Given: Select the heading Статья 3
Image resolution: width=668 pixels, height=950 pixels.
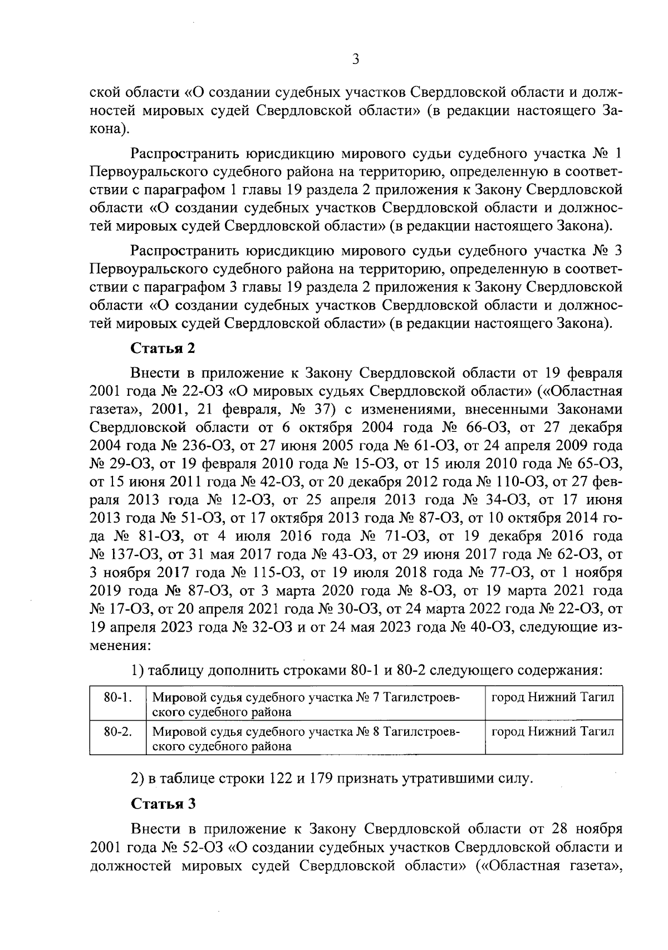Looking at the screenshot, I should [x=163, y=804].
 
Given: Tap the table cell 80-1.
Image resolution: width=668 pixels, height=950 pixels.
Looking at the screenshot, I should [x=117, y=697].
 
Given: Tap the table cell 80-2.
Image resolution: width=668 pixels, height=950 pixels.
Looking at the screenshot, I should [x=117, y=731].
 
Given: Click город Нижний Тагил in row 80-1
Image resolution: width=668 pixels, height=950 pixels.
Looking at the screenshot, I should [x=552, y=697].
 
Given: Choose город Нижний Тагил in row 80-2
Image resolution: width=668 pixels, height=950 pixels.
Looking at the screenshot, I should [x=552, y=731].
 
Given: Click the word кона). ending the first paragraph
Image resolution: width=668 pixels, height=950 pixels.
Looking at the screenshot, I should [x=109, y=129].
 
